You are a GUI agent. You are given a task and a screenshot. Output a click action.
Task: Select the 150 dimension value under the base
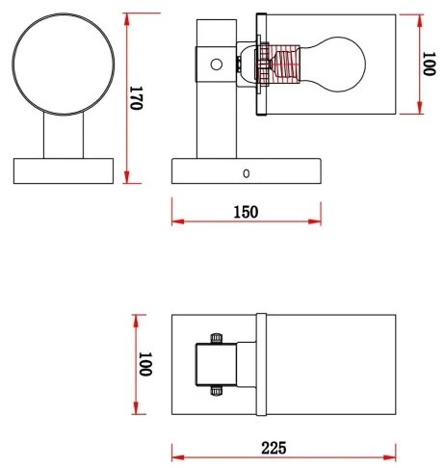pyautogui.click(x=245, y=212)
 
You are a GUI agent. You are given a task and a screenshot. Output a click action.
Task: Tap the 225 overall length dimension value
pyautogui.click(x=273, y=448)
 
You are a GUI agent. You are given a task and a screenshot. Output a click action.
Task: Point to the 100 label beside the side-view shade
pyautogui.click(x=431, y=65)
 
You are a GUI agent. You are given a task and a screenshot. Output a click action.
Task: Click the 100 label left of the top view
pyautogui.click(x=145, y=364)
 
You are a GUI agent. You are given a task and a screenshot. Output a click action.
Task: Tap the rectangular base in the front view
pyautogui.click(x=65, y=171)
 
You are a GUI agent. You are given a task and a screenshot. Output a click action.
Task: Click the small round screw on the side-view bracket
pyautogui.click(x=217, y=65)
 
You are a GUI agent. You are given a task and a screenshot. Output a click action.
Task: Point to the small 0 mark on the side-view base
pyautogui.click(x=247, y=173)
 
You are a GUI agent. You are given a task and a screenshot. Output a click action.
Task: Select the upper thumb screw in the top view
pyautogui.click(x=216, y=337)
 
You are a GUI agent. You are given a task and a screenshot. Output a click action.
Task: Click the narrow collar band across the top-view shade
pyautogui.click(x=260, y=363)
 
